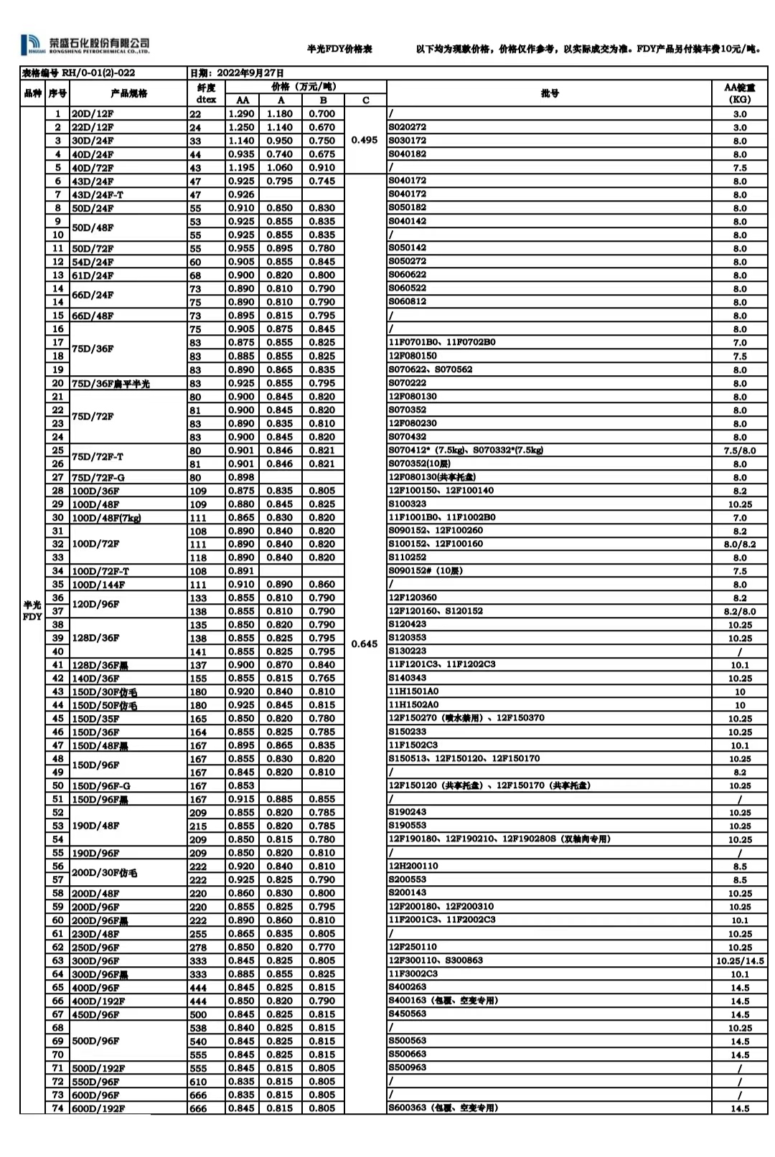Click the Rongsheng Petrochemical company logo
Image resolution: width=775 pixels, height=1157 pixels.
85,44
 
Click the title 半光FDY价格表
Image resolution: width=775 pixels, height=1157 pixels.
339,49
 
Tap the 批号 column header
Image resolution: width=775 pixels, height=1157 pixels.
550,93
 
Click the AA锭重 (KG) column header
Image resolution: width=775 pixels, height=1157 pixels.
740,93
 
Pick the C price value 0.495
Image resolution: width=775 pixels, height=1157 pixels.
365,140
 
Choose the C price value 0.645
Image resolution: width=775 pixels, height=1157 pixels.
365,643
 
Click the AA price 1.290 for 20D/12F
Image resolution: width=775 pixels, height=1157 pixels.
241,113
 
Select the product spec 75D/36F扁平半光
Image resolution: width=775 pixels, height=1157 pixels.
111,383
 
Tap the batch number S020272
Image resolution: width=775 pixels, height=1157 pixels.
408,127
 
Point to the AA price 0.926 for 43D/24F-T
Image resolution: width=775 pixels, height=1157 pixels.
241,194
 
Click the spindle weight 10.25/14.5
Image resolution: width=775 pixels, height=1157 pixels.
740,960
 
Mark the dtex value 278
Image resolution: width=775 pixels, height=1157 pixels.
198,948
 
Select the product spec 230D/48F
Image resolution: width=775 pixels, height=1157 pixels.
95,934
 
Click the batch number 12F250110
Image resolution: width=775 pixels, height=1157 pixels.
413,947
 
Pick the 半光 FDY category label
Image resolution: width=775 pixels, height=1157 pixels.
32,610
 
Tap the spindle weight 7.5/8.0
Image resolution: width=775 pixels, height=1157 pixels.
740,450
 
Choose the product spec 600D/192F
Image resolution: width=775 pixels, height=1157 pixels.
98,1108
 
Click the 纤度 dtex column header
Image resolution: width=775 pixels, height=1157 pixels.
206,93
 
